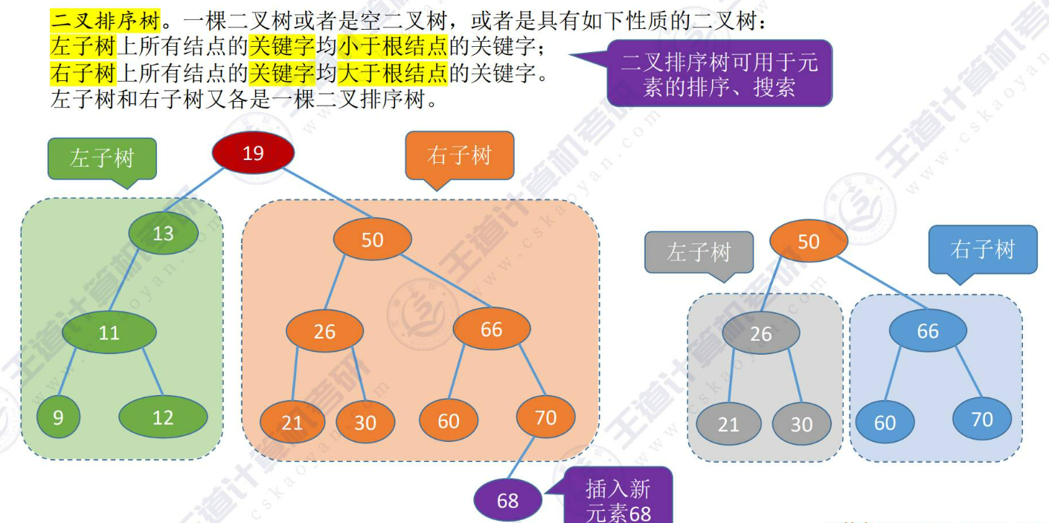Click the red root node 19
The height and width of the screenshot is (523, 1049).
(x=253, y=153)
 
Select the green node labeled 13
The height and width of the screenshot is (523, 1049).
(x=163, y=234)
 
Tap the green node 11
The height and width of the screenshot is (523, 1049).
(x=109, y=332)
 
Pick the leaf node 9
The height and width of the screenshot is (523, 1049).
(x=58, y=417)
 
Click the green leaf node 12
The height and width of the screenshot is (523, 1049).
(x=163, y=417)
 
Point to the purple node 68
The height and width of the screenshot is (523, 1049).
(x=508, y=500)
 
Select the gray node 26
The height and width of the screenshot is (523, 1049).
(x=760, y=333)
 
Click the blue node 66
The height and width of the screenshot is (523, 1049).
(x=928, y=330)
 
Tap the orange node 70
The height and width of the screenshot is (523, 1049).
(x=546, y=417)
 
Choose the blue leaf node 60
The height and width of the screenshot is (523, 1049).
(x=885, y=423)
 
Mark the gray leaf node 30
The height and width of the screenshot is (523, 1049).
(x=801, y=424)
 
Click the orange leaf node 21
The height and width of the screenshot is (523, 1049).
(x=292, y=422)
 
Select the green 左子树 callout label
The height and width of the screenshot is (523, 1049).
(x=102, y=158)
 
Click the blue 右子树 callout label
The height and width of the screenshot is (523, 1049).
(x=982, y=249)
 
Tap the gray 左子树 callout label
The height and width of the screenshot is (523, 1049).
(x=699, y=252)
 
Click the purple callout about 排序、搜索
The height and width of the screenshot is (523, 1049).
(x=719, y=73)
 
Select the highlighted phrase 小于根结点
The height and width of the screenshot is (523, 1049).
(x=393, y=48)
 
